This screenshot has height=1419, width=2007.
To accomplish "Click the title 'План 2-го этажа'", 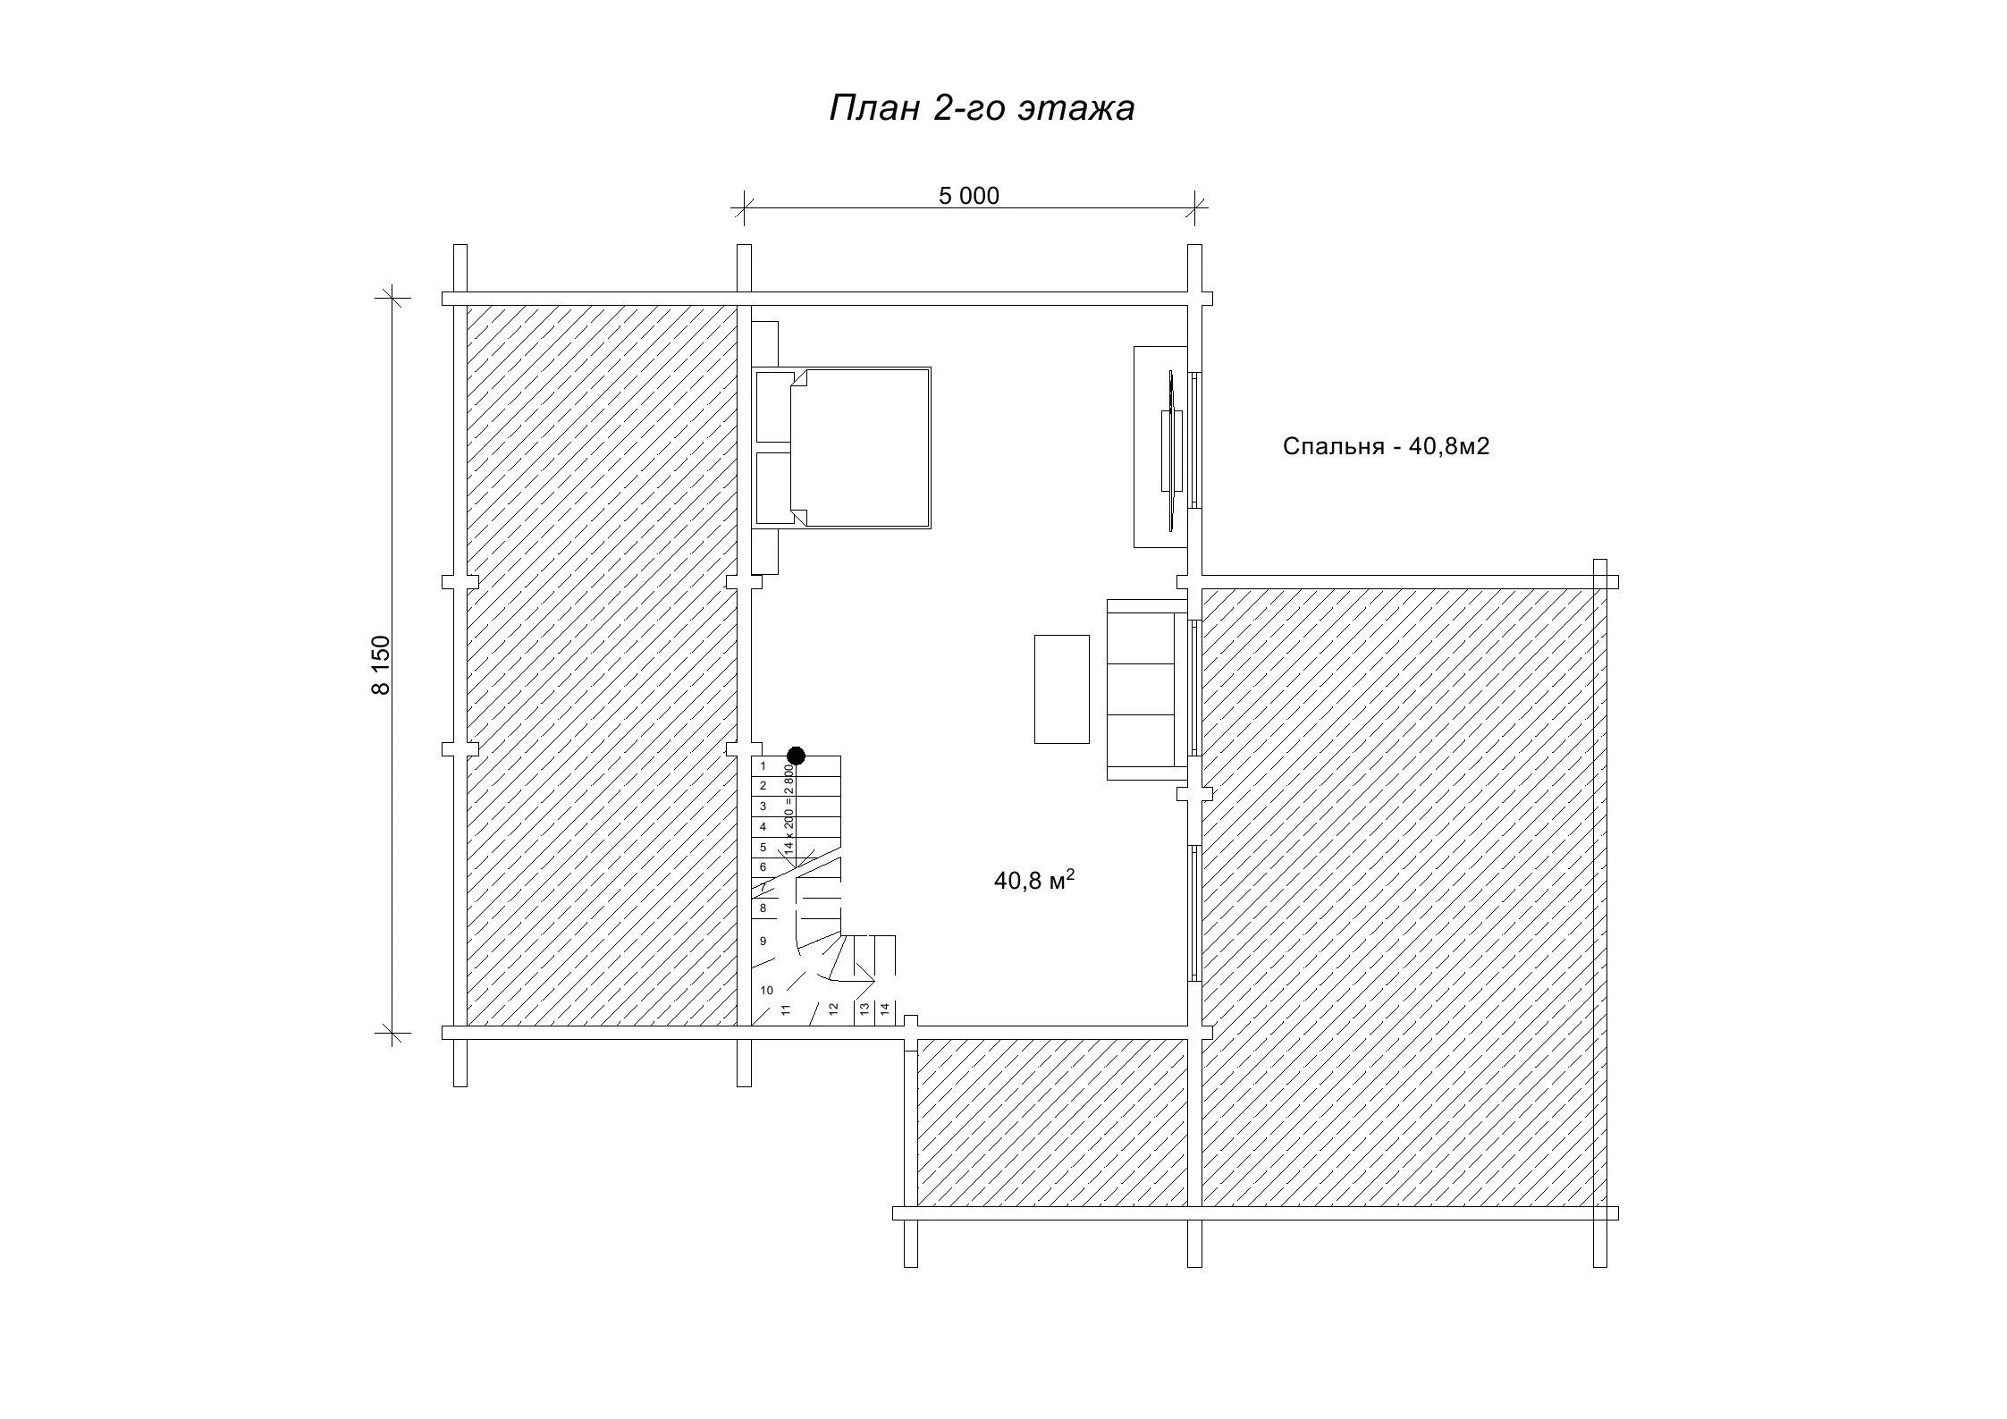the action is coord(982,108).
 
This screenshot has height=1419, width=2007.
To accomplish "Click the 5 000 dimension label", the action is coord(969,196).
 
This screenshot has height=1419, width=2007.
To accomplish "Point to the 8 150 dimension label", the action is coord(382,665).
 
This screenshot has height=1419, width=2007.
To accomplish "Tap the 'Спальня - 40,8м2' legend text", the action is coord(1386,446).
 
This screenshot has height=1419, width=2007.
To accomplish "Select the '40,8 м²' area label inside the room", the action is coord(1033,880).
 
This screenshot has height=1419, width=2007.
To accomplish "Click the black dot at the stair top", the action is coord(796,756).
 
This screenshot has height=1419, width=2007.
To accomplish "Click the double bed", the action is coord(841,447).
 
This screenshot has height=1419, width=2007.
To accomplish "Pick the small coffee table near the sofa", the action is coord(1062,688).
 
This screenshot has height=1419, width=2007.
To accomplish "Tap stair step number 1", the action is coord(763,766).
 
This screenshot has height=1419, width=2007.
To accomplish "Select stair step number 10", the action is coord(766,990).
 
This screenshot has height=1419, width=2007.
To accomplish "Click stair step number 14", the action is coord(885,1009).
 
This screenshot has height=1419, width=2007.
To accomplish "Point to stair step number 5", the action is coord(763,847).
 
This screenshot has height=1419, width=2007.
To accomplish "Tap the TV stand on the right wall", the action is coord(1160,447).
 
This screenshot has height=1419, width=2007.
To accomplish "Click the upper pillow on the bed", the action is coord(774,407).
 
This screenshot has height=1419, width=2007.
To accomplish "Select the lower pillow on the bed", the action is coord(774,488).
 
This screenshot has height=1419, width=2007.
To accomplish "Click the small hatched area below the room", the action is coord(1052,1122).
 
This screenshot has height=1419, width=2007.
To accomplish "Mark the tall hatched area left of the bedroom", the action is coord(602,665).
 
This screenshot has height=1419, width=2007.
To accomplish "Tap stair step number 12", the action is coord(833,1009).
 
